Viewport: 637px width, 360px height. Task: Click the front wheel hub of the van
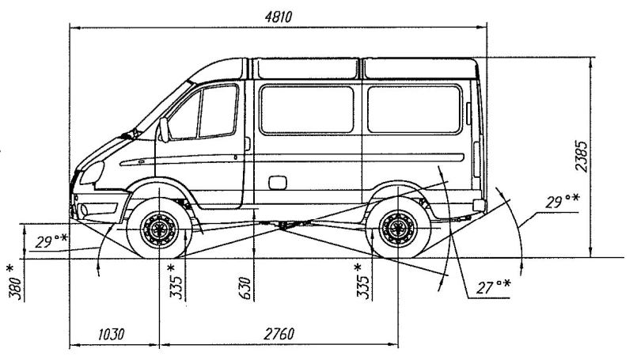click(158, 231)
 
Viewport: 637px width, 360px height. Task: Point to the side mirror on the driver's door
click(164, 129)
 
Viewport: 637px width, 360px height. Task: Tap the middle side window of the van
click(306, 109)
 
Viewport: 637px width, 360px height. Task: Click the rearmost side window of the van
click(414, 109)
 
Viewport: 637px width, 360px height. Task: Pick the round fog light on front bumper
click(82, 210)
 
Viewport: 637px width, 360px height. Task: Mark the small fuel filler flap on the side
click(278, 184)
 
